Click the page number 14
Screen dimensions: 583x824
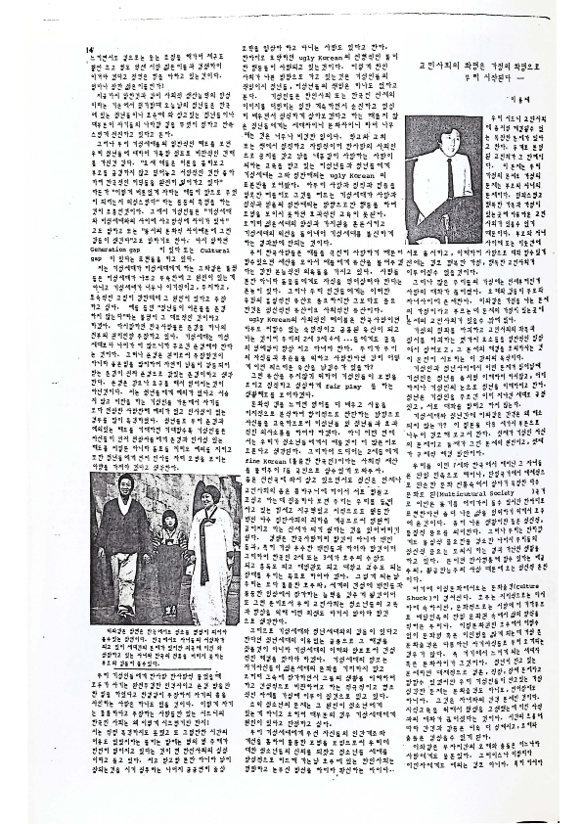coord(89,48)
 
